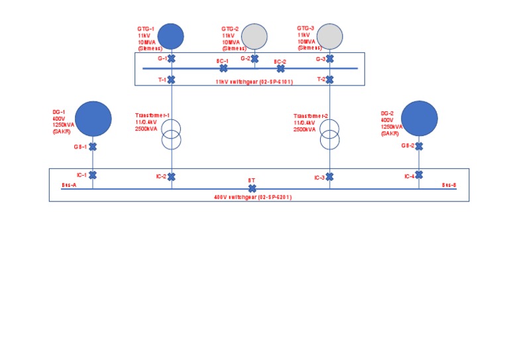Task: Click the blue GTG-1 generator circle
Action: [x=170, y=36]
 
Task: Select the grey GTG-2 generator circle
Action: [x=254, y=36]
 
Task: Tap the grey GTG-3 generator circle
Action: [x=329, y=36]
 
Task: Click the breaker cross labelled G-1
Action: [x=171, y=58]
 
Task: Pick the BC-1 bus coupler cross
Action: [x=223, y=68]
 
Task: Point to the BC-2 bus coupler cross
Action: [x=280, y=68]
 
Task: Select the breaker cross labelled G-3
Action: [x=329, y=58]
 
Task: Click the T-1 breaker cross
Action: [x=171, y=80]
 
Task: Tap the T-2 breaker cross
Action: [x=329, y=80]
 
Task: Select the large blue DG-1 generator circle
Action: [x=93, y=119]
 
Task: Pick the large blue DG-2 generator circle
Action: [x=420, y=119]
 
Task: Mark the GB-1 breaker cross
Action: [x=93, y=147]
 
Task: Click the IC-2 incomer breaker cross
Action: [x=172, y=176]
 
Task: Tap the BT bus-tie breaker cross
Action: [x=252, y=188]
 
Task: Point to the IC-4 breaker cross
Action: [x=420, y=175]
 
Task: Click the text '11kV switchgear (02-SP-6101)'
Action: [x=254, y=82]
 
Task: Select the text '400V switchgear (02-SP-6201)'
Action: [x=253, y=197]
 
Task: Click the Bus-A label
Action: [x=69, y=185]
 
